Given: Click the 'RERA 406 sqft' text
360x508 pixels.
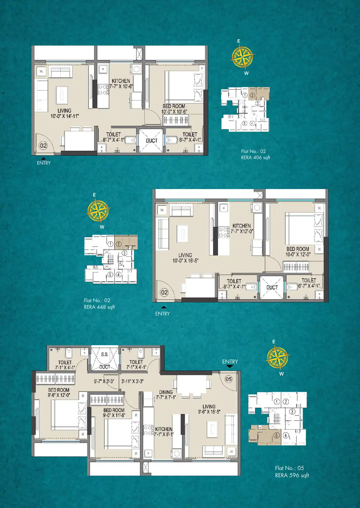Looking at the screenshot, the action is click(255, 158).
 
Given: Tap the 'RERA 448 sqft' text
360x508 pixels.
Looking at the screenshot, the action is click(99, 307).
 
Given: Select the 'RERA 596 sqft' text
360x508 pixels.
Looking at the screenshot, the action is click(292, 475).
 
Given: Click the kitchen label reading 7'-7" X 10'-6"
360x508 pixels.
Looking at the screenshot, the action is click(121, 87).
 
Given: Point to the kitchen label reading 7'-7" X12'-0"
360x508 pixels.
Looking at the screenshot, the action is click(242, 231).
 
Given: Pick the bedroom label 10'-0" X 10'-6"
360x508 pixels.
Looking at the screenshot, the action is click(174, 112).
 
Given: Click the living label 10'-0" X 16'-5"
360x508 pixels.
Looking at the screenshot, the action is click(185, 261).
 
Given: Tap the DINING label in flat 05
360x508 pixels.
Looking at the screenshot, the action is click(166, 392).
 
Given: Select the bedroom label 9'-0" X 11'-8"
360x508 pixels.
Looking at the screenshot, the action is click(114, 415).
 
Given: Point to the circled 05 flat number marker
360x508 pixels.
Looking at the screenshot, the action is click(229, 379).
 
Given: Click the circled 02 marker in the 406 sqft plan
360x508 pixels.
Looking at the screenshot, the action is click(43, 146).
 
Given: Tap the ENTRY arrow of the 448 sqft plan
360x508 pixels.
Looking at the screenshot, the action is click(164, 307).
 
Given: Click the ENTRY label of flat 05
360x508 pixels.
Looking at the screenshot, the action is click(230, 362).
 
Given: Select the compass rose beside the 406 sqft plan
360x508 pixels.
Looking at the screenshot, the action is click(242, 57).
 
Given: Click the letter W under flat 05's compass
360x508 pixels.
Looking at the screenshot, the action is click(281, 374).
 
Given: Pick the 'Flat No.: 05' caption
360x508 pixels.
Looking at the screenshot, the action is click(289, 468).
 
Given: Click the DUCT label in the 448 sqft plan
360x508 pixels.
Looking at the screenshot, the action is click(272, 288).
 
